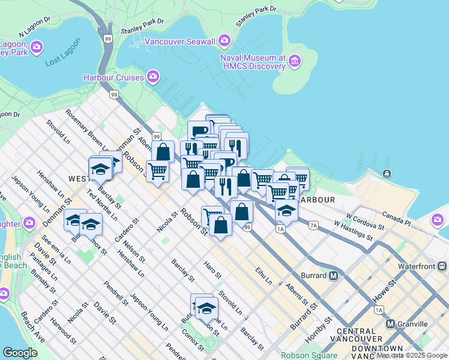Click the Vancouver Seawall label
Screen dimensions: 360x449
pos(179,41)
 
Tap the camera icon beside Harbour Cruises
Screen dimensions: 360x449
pos(153,77)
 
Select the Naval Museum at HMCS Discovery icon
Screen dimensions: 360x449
pos(294,61)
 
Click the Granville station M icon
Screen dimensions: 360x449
pos(391,324)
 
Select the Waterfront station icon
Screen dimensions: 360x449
pos(443,266)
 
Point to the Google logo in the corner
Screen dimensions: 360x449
pos(20,353)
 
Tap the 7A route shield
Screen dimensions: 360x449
pos(313,226)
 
